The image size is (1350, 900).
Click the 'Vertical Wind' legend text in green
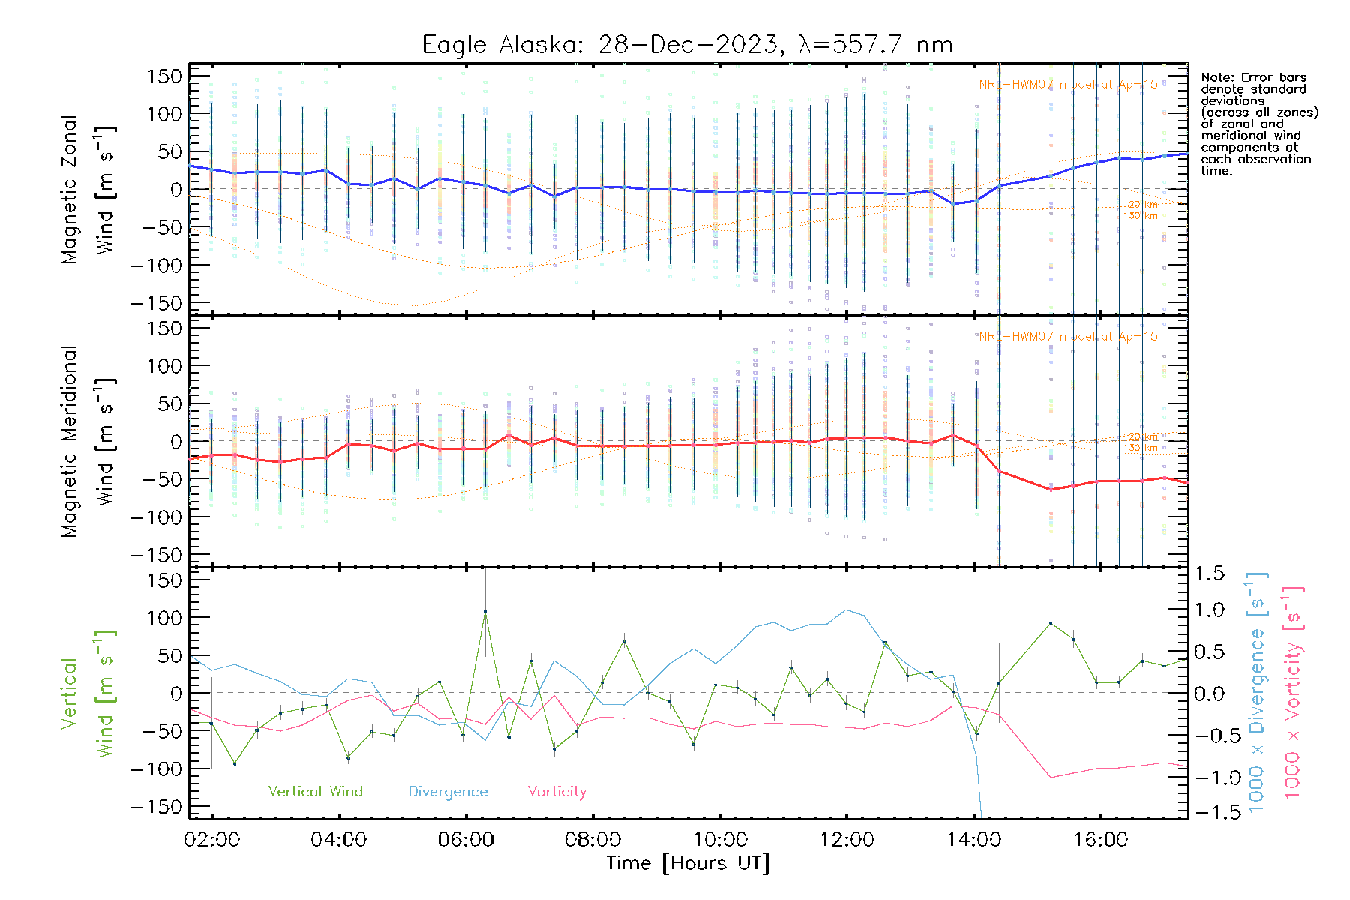(315, 791)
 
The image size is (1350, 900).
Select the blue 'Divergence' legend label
(448, 791)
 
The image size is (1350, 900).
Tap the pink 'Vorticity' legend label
(556, 791)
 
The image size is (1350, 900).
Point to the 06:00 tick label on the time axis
(466, 840)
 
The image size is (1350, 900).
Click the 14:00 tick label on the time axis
(973, 840)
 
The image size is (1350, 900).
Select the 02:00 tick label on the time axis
(211, 840)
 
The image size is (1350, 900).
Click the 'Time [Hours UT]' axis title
(688, 863)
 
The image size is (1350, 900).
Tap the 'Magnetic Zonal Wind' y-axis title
(87, 189)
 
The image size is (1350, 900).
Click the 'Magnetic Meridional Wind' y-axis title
(87, 441)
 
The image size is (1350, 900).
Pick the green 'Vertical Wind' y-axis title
(87, 694)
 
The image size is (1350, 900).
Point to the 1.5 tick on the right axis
(1209, 574)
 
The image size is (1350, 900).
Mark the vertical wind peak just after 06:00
(485, 612)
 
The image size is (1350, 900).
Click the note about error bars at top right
(1258, 124)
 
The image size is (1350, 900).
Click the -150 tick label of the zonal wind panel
(156, 303)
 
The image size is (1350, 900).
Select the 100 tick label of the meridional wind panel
(163, 366)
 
